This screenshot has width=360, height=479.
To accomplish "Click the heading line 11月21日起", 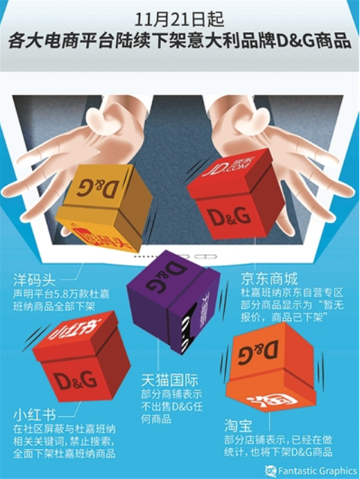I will tap(179, 15).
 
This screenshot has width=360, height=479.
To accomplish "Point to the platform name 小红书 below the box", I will tap(34, 415).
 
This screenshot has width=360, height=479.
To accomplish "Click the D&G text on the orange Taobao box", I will tap(258, 353).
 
